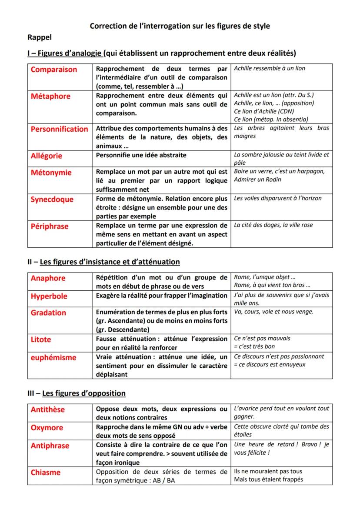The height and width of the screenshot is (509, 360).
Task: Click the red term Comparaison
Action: (x=53, y=70)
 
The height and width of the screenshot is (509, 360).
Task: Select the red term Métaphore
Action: (x=50, y=96)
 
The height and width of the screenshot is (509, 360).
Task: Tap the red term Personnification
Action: (x=59, y=129)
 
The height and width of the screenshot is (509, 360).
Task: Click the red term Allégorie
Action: (x=47, y=156)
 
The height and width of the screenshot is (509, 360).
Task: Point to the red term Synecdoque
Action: (x=52, y=200)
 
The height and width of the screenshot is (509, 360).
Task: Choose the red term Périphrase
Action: (x=50, y=226)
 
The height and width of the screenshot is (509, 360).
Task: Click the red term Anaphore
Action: (x=48, y=278)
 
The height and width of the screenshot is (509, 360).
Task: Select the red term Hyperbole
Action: (x=49, y=296)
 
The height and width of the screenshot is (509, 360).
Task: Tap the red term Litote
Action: (x=41, y=339)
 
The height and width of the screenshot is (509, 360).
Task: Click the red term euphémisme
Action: (x=53, y=357)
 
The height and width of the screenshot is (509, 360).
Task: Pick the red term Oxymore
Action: (x=47, y=428)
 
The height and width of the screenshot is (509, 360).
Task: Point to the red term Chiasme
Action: (x=46, y=472)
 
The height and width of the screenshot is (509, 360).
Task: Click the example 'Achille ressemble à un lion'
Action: (x=270, y=68)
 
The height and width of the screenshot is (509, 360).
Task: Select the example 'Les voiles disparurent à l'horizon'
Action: (x=278, y=198)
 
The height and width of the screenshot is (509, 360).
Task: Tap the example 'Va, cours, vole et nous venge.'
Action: (x=273, y=311)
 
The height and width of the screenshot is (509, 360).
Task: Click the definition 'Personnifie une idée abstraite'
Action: (x=141, y=155)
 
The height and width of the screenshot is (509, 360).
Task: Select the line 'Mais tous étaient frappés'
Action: (x=268, y=479)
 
